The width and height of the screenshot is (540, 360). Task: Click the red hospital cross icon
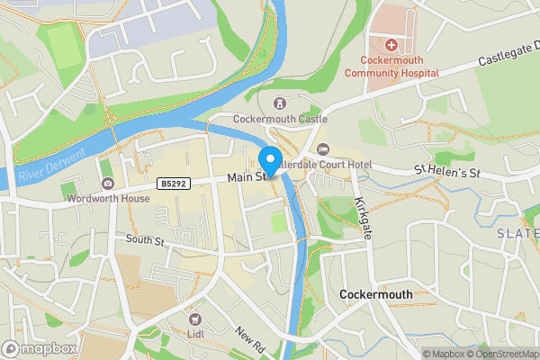pos(391,45)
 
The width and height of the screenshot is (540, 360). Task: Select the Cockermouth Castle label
pos(280,119)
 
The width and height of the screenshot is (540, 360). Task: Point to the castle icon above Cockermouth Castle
pos(280,103)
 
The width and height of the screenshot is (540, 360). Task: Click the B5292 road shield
pos(175,184)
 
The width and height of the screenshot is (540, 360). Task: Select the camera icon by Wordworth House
pos(108,184)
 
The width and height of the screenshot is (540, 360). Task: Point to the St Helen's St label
pos(448,170)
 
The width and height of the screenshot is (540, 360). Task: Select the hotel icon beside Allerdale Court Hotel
pos(323,149)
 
